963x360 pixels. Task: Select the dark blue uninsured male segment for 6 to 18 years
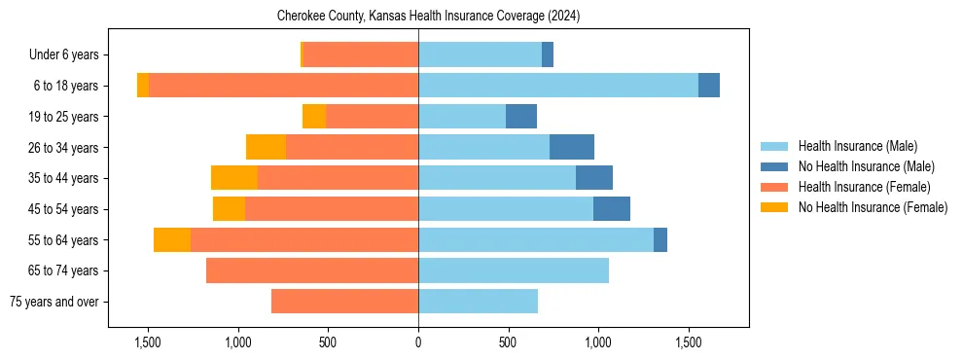pyautogui.click(x=709, y=86)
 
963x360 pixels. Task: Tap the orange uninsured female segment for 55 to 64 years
pyautogui.click(x=172, y=239)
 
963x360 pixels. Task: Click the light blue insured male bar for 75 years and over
pyautogui.click(x=478, y=302)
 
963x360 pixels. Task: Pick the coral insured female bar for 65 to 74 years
pyautogui.click(x=312, y=270)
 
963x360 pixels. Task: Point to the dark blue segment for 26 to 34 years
pyautogui.click(x=572, y=147)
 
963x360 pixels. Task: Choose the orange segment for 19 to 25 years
pyautogui.click(x=314, y=117)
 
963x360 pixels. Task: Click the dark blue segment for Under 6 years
pyautogui.click(x=548, y=54)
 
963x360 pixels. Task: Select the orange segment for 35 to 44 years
pyautogui.click(x=234, y=178)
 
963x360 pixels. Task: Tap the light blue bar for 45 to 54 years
pyautogui.click(x=506, y=209)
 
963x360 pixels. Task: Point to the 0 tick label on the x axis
pyautogui.click(x=418, y=342)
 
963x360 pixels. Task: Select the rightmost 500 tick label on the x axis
pyautogui.click(x=508, y=342)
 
